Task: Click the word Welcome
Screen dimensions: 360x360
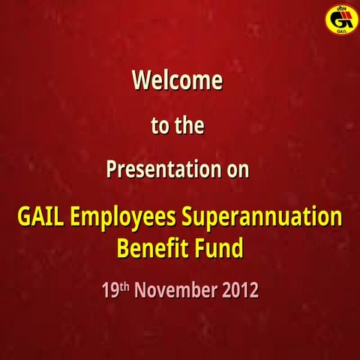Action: [x=177, y=80]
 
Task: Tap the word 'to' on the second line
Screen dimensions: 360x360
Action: [x=160, y=126]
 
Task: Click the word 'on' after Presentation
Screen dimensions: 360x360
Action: [x=238, y=170]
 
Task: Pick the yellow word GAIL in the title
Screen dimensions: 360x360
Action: [x=40, y=218]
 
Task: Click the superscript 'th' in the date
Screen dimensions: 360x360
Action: [x=124, y=286]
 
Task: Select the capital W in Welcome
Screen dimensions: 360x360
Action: [x=141, y=80]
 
